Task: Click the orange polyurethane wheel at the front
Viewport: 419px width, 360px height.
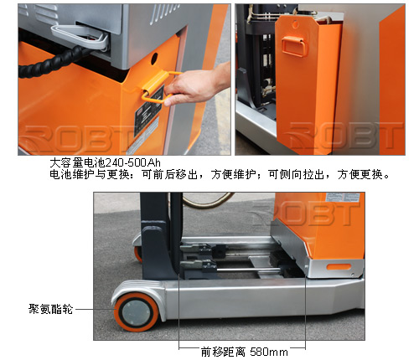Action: click(x=136, y=311)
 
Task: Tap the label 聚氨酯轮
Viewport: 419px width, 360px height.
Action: click(x=50, y=309)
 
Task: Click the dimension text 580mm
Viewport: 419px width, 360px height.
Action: click(x=269, y=352)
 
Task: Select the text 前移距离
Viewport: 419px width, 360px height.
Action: click(x=223, y=352)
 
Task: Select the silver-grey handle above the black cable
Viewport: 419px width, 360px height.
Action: click(x=80, y=36)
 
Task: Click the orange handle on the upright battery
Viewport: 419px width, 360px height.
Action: click(x=294, y=46)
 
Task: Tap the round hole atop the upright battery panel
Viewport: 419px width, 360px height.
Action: click(x=295, y=24)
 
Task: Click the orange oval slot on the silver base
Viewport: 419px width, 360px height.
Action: click(x=339, y=267)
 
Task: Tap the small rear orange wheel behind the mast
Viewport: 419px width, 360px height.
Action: click(x=138, y=254)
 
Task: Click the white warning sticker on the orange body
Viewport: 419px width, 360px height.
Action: click(x=345, y=197)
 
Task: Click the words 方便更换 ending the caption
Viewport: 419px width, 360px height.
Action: click(x=360, y=175)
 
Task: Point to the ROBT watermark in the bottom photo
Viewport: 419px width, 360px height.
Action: click(x=303, y=213)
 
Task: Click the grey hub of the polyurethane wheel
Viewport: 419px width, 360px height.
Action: click(x=136, y=311)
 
